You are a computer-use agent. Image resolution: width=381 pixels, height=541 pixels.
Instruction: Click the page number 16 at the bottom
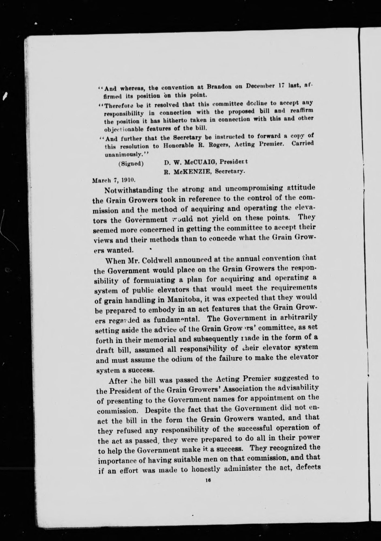click(208, 479)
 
